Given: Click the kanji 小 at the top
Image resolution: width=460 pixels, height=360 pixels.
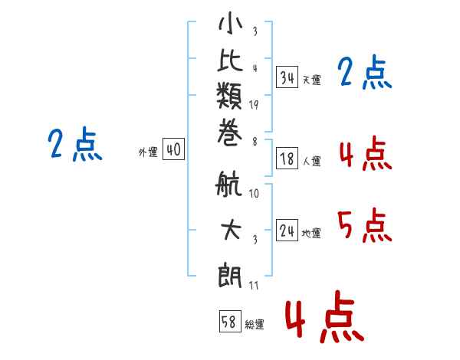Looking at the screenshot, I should [x=230, y=26].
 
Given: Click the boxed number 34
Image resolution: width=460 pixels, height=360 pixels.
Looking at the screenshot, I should [x=287, y=77].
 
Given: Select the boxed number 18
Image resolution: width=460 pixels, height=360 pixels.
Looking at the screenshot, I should [x=287, y=159].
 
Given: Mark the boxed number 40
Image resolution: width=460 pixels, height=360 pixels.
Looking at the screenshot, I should [x=172, y=151].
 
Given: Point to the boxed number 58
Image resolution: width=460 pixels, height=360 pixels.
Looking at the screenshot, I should [x=228, y=322].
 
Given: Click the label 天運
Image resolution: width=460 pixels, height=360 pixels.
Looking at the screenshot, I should [x=311, y=80].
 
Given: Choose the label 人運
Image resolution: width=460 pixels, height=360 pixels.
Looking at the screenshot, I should [x=311, y=162].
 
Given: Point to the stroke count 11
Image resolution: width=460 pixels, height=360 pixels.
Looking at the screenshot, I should [x=254, y=285].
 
